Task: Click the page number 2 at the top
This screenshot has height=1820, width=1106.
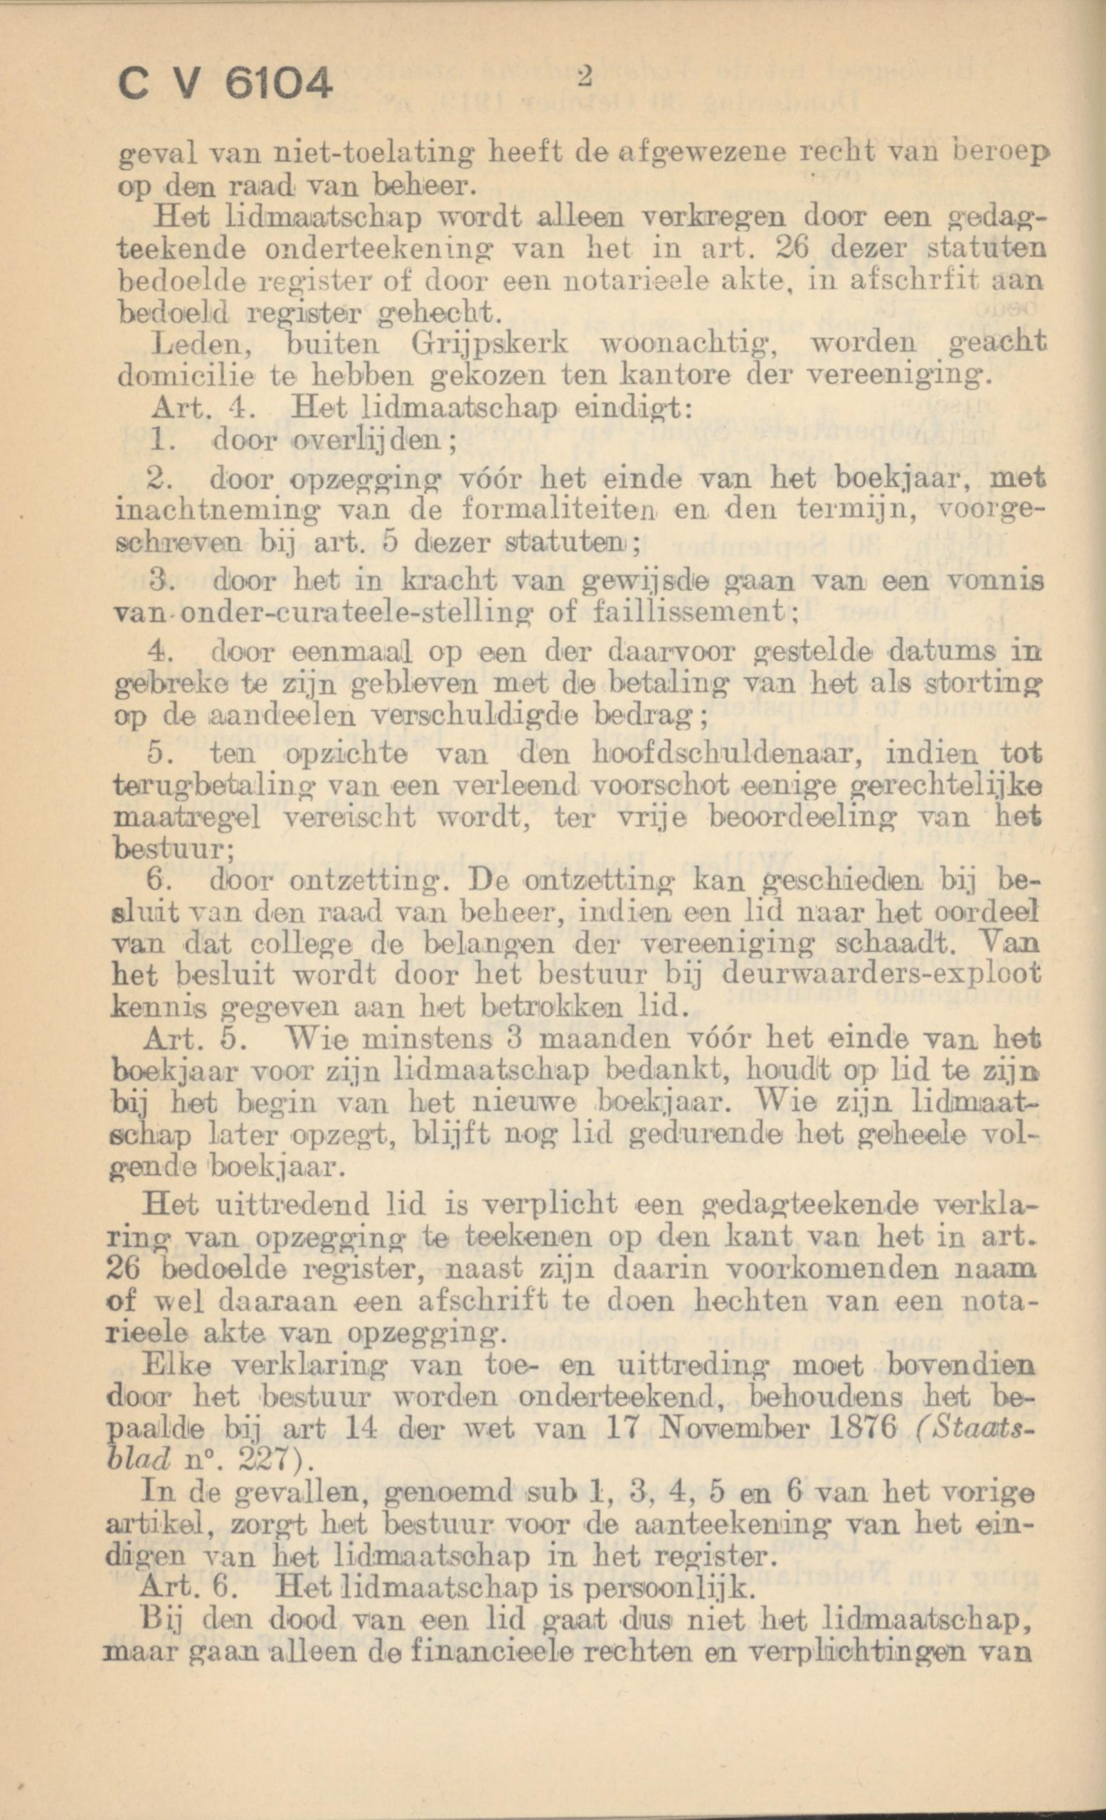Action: [587, 76]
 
